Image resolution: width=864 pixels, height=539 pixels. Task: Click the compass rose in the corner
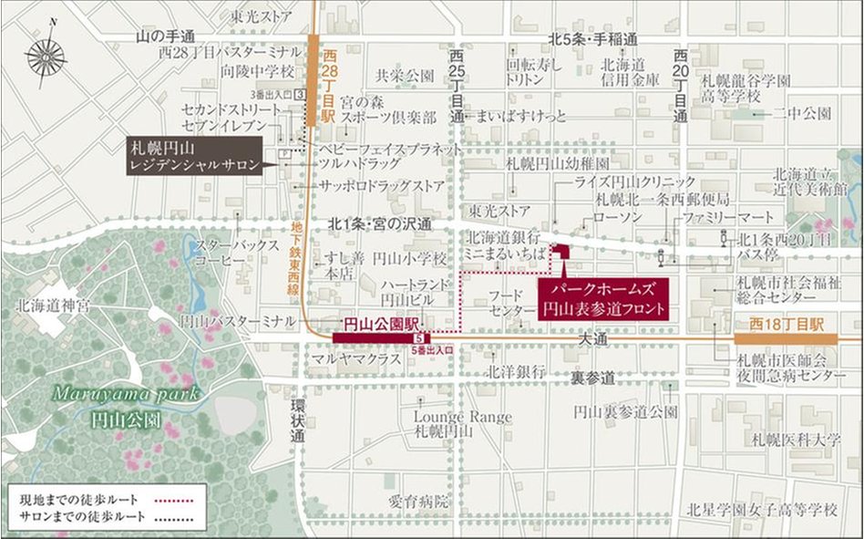46,57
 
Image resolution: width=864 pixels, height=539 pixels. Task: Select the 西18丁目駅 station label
786,324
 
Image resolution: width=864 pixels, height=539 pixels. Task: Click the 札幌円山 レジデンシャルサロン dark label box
195,156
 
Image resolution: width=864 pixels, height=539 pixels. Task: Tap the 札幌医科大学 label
790,441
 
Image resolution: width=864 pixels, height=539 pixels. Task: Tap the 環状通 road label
297,420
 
